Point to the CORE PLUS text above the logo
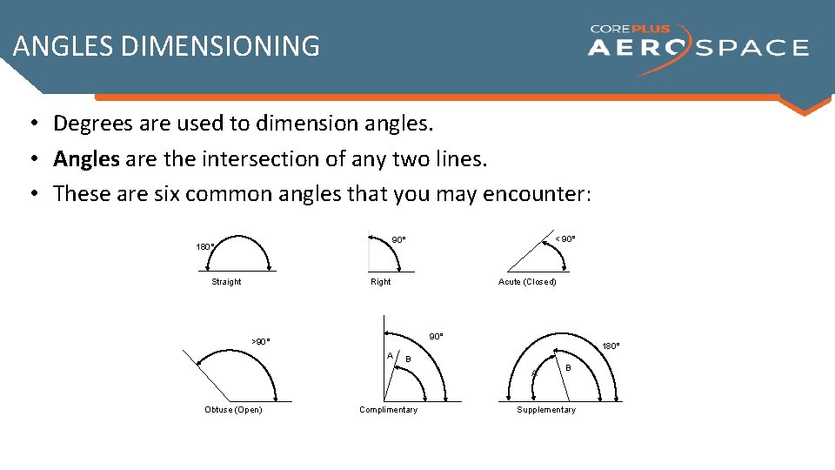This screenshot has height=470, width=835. (x=631, y=29)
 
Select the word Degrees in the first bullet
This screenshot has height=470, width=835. (x=91, y=124)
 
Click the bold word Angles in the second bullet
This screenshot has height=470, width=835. (x=86, y=159)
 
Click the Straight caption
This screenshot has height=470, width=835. (x=226, y=282)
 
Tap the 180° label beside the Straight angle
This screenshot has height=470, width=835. (x=205, y=247)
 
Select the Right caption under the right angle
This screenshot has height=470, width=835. (x=381, y=282)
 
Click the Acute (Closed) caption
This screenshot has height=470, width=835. (x=527, y=282)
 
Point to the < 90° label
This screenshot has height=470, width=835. (x=565, y=239)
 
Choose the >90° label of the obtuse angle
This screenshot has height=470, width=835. (x=260, y=342)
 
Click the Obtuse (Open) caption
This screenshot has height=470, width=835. (x=233, y=410)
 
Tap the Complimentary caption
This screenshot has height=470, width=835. (x=388, y=410)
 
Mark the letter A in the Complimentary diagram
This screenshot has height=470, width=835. (x=390, y=355)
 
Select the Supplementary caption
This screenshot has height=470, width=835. (x=546, y=410)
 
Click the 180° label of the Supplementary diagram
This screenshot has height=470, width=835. (x=611, y=346)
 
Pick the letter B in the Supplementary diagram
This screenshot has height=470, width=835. (x=568, y=368)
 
